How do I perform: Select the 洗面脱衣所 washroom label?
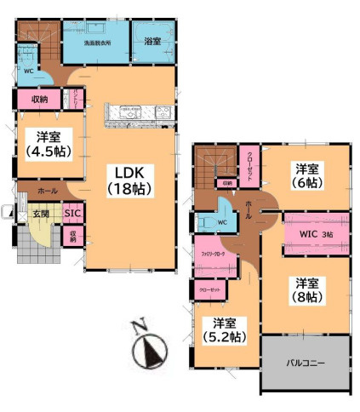94,42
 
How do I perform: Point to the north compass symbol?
150,349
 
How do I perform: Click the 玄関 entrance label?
42,214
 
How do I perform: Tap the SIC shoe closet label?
73,214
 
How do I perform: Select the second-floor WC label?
221,223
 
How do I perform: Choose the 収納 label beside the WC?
39,100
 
